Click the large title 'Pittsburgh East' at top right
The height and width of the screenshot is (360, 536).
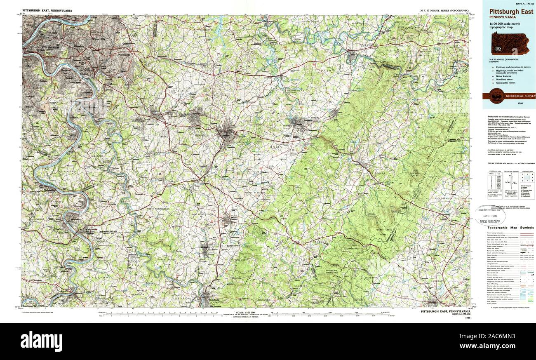pos(510,12)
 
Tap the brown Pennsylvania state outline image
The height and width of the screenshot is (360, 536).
pos(510,44)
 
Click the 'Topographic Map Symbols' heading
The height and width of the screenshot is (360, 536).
pos(510,228)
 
